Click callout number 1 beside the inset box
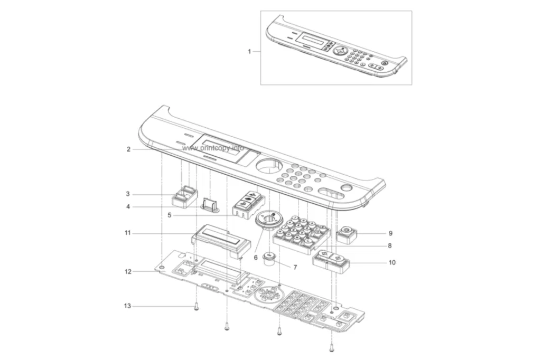point(249,52)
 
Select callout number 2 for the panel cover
point(128,149)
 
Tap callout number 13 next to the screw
point(128,306)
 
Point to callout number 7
point(295,267)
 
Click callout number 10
point(392,262)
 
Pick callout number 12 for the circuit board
point(128,272)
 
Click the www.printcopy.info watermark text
point(213,148)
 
